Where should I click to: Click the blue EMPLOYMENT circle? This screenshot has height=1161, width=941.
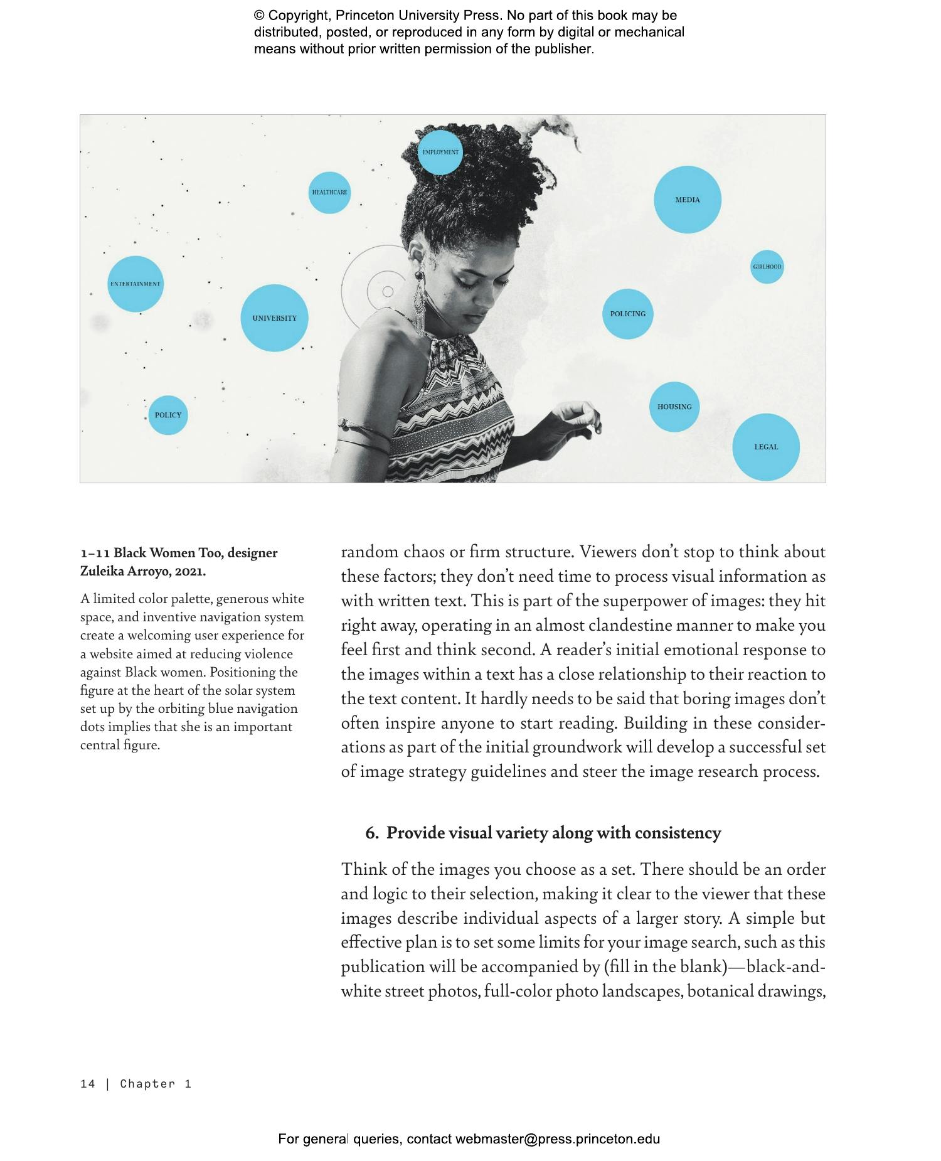[440, 152]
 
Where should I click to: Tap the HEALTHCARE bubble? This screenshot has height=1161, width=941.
[329, 192]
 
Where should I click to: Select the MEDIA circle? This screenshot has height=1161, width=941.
[687, 200]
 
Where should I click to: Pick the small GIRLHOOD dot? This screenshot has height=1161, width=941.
[767, 267]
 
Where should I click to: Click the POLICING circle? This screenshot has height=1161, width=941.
[627, 314]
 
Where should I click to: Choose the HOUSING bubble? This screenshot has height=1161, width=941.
[674, 407]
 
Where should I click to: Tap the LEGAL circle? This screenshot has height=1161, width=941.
[765, 447]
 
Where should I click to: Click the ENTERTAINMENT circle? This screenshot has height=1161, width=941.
[135, 284]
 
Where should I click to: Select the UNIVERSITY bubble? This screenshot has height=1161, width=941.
[274, 318]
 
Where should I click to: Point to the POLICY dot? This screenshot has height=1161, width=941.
[167, 415]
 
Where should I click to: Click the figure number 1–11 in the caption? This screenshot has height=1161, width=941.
[95, 554]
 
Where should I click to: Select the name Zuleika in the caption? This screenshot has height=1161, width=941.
[102, 572]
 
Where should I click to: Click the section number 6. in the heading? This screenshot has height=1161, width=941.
[372, 833]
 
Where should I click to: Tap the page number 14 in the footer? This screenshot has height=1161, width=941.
[87, 1084]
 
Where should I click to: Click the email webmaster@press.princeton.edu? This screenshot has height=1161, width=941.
[557, 1139]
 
